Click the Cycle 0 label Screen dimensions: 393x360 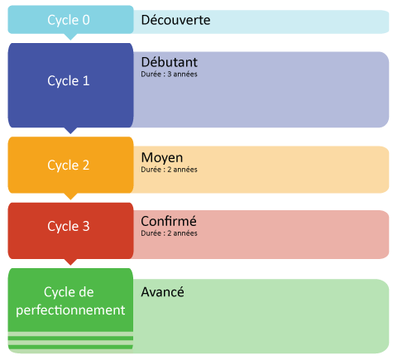point(69,20)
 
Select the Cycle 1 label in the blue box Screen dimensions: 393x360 point(69,81)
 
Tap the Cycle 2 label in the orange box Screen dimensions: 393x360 point(69,166)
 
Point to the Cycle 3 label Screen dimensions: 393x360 point(69,227)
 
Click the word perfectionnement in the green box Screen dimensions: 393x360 point(70,310)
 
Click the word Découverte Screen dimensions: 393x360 point(175,20)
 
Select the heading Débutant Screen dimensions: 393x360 point(170,62)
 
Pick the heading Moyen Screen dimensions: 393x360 point(162,158)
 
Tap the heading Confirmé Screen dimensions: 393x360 point(169,221)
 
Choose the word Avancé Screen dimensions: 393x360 point(162,292)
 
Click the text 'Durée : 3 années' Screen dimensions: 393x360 point(169,74)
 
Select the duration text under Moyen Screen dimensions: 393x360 point(169,170)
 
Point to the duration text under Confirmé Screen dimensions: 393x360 point(169,233)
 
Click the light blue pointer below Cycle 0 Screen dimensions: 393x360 point(70,36)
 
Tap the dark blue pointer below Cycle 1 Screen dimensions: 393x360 point(70,131)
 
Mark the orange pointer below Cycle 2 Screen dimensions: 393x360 point(70,196)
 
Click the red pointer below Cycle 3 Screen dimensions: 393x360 point(70,262)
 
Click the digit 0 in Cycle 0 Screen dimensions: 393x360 point(86,20)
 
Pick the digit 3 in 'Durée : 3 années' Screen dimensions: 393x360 point(170,74)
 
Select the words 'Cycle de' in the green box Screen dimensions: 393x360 point(69,292)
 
